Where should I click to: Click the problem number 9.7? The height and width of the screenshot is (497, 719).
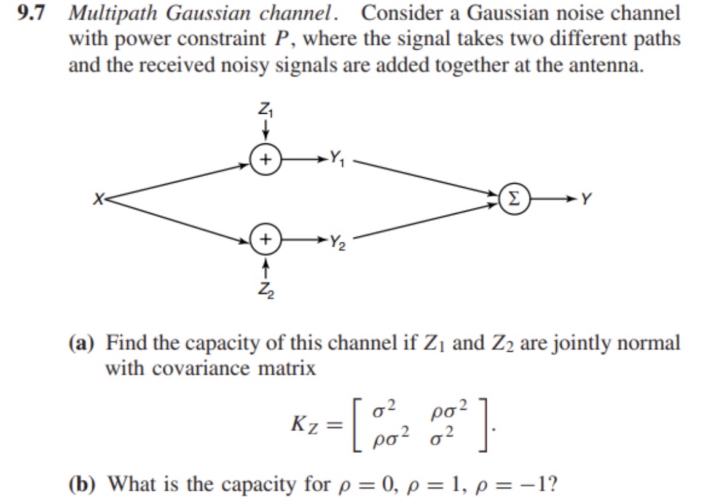click(x=31, y=14)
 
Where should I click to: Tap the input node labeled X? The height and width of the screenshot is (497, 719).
click(x=97, y=199)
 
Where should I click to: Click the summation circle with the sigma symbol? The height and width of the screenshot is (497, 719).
click(x=514, y=199)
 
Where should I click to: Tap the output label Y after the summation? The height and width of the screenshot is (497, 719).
click(x=588, y=199)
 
